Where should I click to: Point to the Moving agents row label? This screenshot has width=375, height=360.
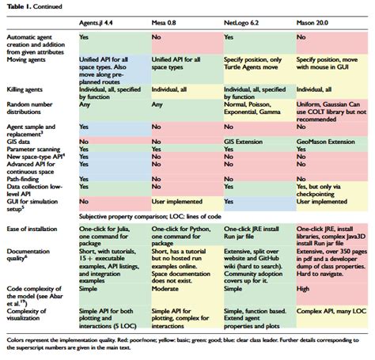click(29, 59)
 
